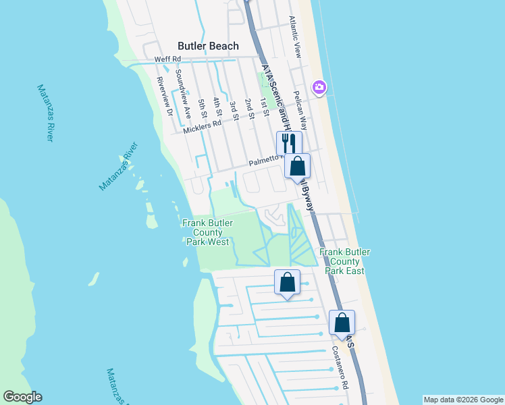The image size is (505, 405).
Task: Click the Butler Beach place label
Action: [208, 46]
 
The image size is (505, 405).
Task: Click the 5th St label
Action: [202, 108]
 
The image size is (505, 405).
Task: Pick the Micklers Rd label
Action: [203, 125]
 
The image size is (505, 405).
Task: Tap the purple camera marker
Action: [319, 87]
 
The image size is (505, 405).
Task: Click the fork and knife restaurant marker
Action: [289, 143]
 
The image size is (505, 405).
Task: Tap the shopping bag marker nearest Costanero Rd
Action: [342, 323]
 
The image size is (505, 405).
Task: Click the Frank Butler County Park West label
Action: [206, 232]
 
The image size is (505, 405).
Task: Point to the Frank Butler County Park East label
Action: [344, 261]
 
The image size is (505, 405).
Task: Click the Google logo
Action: [22, 397]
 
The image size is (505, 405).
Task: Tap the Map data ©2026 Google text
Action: [463, 400]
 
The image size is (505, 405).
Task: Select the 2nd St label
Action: [249, 108]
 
